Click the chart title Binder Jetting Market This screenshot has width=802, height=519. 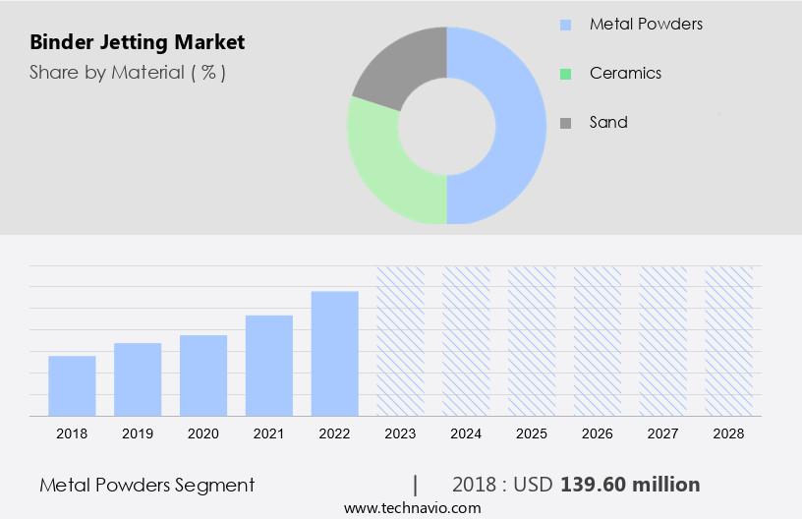click(x=138, y=42)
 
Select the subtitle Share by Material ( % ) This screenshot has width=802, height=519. click(x=128, y=72)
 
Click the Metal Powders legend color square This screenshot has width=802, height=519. click(x=565, y=25)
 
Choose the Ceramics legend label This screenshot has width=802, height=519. click(x=625, y=73)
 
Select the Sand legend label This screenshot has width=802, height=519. click(x=608, y=122)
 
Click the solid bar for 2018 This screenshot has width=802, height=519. click(x=72, y=385)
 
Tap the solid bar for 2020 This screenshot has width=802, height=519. click(x=203, y=375)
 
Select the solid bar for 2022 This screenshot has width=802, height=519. click(x=335, y=353)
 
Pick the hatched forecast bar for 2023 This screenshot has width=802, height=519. click(x=401, y=340)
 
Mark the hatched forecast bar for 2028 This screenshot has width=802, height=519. click(x=729, y=340)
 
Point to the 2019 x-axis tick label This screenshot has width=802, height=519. click(x=138, y=433)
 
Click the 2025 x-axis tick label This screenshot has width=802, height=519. click(x=532, y=433)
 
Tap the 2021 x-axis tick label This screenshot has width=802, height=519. click(x=269, y=433)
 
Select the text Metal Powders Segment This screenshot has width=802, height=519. click(x=147, y=485)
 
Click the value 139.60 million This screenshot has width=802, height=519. click(x=630, y=485)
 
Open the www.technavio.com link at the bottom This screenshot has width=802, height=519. click(x=413, y=508)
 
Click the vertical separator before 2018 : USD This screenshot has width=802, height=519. click(x=416, y=485)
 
